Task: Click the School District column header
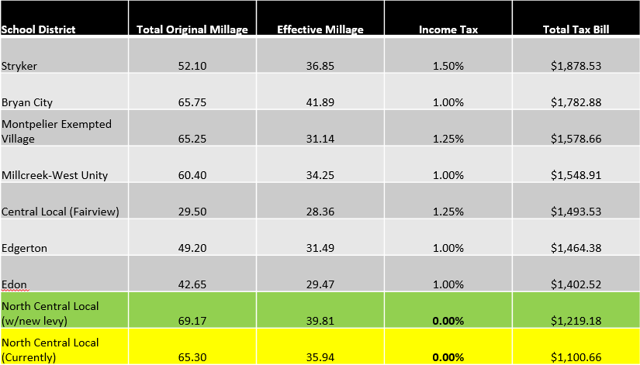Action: coord(39,29)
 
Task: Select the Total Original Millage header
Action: coord(192,29)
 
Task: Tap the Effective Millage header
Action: coord(320,29)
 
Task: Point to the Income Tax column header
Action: coord(448,29)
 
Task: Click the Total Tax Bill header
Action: coord(576,29)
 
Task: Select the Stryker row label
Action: coord(20,66)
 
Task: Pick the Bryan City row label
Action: coord(27,102)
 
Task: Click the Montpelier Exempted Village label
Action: coord(57,131)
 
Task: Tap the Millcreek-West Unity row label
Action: coord(55,175)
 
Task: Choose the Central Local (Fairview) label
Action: coord(60,212)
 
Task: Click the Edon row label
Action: coord(15,284)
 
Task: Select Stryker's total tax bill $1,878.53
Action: coord(576,66)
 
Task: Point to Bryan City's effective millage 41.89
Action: coord(320,102)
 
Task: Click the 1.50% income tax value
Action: coord(448,66)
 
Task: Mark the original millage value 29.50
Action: coord(192,212)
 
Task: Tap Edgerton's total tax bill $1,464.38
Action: coord(576,248)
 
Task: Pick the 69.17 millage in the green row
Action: coord(192,321)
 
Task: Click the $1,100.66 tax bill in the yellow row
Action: coord(576,357)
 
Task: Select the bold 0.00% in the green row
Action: coord(448,321)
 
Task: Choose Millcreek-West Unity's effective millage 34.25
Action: coord(320,175)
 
